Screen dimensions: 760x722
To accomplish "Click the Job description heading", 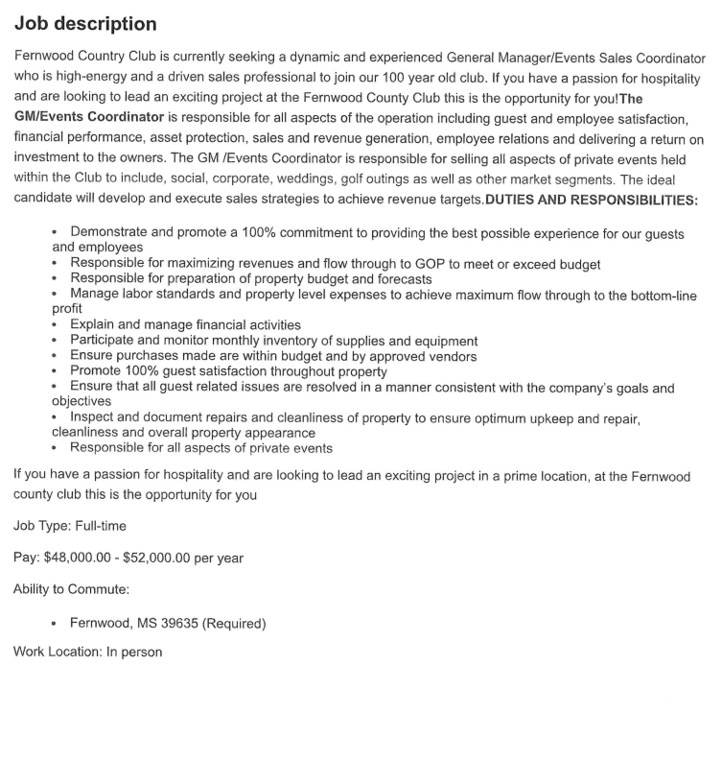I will [x=85, y=22].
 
